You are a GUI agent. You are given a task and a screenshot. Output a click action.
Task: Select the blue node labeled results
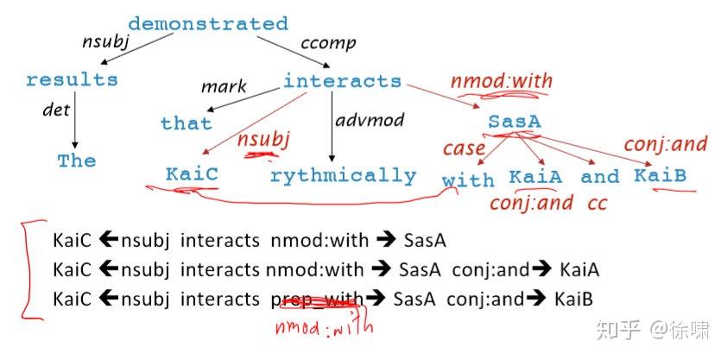click(72, 80)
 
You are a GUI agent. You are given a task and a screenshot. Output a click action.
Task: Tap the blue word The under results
click(77, 161)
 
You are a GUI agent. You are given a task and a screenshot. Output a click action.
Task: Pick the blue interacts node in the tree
click(342, 82)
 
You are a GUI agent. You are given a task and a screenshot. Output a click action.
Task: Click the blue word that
click(186, 123)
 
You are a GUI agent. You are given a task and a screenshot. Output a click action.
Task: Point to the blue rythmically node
click(343, 176)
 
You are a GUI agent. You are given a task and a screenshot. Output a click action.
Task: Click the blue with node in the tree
click(468, 180)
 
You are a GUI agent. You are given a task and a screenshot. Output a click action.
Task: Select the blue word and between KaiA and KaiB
click(599, 177)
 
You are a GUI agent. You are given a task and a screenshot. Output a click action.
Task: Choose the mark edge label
click(224, 87)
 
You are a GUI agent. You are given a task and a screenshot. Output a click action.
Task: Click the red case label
click(463, 148)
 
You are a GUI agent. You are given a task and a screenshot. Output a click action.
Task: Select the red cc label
click(597, 204)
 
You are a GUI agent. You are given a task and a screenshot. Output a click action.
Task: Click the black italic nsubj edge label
click(104, 41)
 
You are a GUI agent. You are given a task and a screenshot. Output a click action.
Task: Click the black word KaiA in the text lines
click(577, 270)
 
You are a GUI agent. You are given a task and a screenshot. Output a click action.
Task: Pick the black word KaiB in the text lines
click(571, 300)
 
